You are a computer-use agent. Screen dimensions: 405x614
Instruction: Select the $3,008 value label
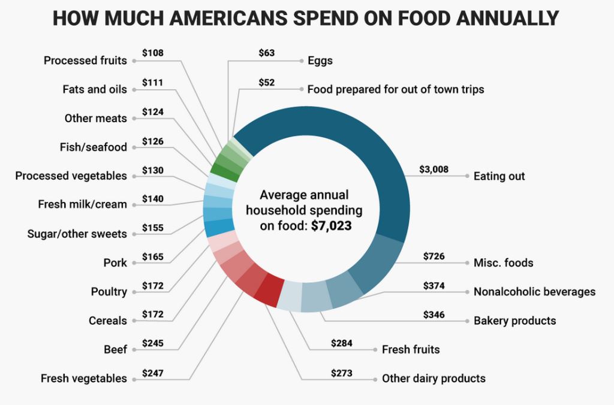(434, 170)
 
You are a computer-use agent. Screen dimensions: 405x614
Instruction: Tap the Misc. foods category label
(503, 262)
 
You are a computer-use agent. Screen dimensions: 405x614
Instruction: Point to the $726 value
(434, 256)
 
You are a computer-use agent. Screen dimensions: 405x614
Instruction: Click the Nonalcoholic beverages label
(534, 292)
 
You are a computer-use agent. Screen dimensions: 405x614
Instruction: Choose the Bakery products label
(514, 321)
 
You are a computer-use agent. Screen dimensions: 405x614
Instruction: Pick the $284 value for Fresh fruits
(342, 343)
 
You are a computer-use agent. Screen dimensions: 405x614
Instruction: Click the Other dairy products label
(434, 379)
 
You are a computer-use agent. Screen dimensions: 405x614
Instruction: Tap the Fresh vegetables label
(84, 379)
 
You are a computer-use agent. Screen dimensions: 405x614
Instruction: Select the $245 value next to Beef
(153, 343)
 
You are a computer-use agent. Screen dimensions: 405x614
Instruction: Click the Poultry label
(109, 292)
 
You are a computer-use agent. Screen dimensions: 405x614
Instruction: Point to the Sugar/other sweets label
(77, 234)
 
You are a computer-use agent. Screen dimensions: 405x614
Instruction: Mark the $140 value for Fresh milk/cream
(153, 199)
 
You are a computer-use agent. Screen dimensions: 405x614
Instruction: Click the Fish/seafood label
(94, 147)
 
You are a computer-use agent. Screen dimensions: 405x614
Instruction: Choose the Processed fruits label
(85, 60)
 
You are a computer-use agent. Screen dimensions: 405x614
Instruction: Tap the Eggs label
(320, 60)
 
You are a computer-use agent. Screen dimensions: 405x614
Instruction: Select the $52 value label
(266, 82)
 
